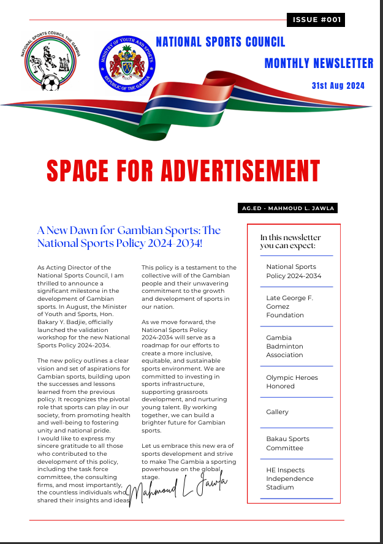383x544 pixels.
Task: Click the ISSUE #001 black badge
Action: [316, 20]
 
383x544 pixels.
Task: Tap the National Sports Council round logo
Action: [51, 61]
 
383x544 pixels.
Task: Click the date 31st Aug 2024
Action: [338, 86]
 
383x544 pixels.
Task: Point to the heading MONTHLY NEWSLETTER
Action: [319, 63]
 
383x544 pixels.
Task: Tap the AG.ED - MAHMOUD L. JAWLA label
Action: [287, 208]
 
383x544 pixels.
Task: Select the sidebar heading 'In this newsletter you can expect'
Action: [290, 241]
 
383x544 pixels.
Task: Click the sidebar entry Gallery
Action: [278, 412]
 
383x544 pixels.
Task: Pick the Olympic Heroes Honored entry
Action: [292, 382]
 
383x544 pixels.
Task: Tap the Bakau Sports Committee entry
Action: [288, 443]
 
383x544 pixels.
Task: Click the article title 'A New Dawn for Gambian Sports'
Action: [129, 236]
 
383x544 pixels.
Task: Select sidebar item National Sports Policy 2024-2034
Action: [294, 271]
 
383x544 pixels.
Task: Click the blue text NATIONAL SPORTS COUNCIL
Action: [221, 42]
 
